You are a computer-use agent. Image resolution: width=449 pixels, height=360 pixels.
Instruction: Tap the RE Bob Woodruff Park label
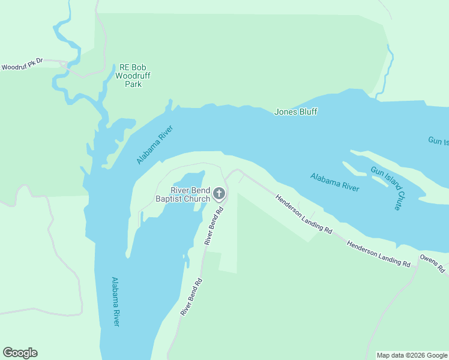pyautogui.click(x=133, y=76)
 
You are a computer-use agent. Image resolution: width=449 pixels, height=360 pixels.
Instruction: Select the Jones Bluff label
pyautogui.click(x=295, y=112)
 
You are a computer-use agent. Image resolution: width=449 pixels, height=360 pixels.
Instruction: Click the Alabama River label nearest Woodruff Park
pyautogui.click(x=155, y=145)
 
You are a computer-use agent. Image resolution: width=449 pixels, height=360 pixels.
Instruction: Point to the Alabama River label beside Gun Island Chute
pyautogui.click(x=334, y=182)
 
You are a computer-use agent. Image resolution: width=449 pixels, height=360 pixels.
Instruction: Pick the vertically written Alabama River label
pyautogui.click(x=116, y=301)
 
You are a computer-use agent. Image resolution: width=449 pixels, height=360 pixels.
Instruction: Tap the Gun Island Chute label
pyautogui.click(x=386, y=188)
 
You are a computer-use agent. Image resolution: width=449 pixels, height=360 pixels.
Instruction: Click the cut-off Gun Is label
pyautogui.click(x=438, y=141)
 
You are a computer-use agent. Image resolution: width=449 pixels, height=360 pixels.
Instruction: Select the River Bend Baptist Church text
pyautogui.click(x=183, y=194)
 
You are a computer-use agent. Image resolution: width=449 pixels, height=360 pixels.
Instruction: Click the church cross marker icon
pyautogui.click(x=219, y=193)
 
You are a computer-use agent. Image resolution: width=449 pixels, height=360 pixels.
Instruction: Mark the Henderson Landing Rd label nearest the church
pyautogui.click(x=304, y=214)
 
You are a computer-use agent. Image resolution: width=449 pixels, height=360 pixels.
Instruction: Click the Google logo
pyautogui.click(x=20, y=353)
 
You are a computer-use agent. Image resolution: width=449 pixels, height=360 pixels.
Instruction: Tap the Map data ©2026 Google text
pyautogui.click(x=412, y=355)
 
